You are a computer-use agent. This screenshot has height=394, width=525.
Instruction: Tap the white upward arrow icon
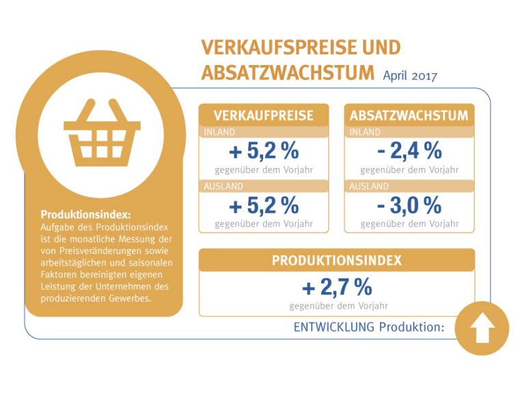pos(482,328)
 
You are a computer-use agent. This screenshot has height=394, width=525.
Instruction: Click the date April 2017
pos(410,75)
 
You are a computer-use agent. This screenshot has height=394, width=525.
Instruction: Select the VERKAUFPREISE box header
pos(263,115)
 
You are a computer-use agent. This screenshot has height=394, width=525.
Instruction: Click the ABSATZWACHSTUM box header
pos(409,115)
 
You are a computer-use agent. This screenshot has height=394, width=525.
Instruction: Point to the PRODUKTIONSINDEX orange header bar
pos(336,261)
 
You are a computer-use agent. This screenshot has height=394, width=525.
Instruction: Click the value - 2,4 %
pos(409,150)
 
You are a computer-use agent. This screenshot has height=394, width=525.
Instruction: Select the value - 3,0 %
pos(409,205)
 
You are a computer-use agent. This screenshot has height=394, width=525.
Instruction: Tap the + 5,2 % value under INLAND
pos(264,150)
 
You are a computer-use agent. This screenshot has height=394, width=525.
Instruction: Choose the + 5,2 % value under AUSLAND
pos(264,205)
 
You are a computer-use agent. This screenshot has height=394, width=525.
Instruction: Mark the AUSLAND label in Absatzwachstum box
pos(369,186)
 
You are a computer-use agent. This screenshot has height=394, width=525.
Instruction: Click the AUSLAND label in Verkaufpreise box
pos(224,186)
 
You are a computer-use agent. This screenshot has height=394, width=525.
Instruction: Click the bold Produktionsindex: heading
pos(85,214)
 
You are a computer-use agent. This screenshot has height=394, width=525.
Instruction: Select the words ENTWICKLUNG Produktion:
pos(368,327)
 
